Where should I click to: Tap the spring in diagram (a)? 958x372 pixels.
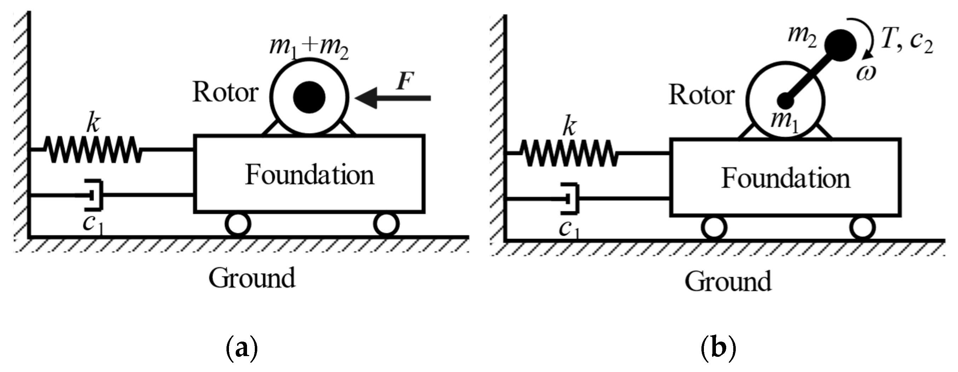[x=92, y=149]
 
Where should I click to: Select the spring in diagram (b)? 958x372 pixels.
[x=568, y=153]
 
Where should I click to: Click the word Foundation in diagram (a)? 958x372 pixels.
[x=309, y=175]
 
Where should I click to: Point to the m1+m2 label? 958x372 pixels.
[x=309, y=50]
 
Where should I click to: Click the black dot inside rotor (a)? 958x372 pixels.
[x=309, y=97]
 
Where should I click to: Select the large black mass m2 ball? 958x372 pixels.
[x=840, y=45]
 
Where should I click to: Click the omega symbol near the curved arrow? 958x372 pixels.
[x=866, y=73]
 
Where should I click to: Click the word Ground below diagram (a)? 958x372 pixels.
[x=252, y=278]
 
